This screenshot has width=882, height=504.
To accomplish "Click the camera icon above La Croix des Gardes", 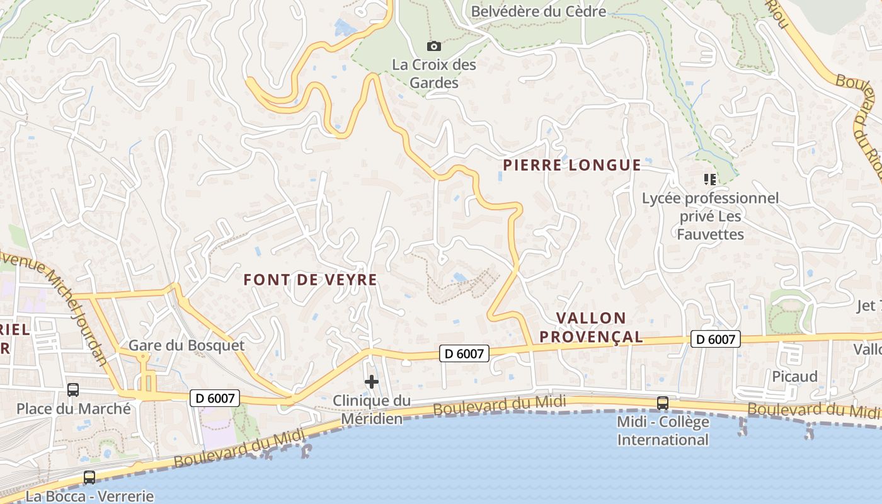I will [433, 46].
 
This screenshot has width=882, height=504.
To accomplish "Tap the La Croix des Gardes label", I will [434, 74].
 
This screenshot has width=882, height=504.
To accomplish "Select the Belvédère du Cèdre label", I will [538, 11].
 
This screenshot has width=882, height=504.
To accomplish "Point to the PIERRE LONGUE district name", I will [571, 165].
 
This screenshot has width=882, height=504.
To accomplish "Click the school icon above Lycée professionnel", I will [710, 180].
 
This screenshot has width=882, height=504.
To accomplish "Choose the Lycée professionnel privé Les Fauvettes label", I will [710, 216].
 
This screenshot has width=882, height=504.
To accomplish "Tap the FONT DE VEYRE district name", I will [310, 280].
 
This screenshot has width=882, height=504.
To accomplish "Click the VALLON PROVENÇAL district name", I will [592, 328].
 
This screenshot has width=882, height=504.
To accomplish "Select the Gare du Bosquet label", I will [186, 345].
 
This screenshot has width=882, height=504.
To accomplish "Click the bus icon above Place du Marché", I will [73, 390].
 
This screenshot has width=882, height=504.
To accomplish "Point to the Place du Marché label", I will [73, 408].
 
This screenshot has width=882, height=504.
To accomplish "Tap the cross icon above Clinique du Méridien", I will [372, 382].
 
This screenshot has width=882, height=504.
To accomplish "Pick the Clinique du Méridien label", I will [372, 409].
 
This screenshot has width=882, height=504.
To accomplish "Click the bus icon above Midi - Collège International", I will [663, 403].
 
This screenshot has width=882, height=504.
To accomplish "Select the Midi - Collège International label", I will [663, 430].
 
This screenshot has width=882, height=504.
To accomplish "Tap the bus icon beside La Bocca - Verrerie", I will [89, 478].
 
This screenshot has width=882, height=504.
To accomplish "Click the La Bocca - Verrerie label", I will [89, 496].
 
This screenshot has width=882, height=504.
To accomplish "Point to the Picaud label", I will [794, 377].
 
